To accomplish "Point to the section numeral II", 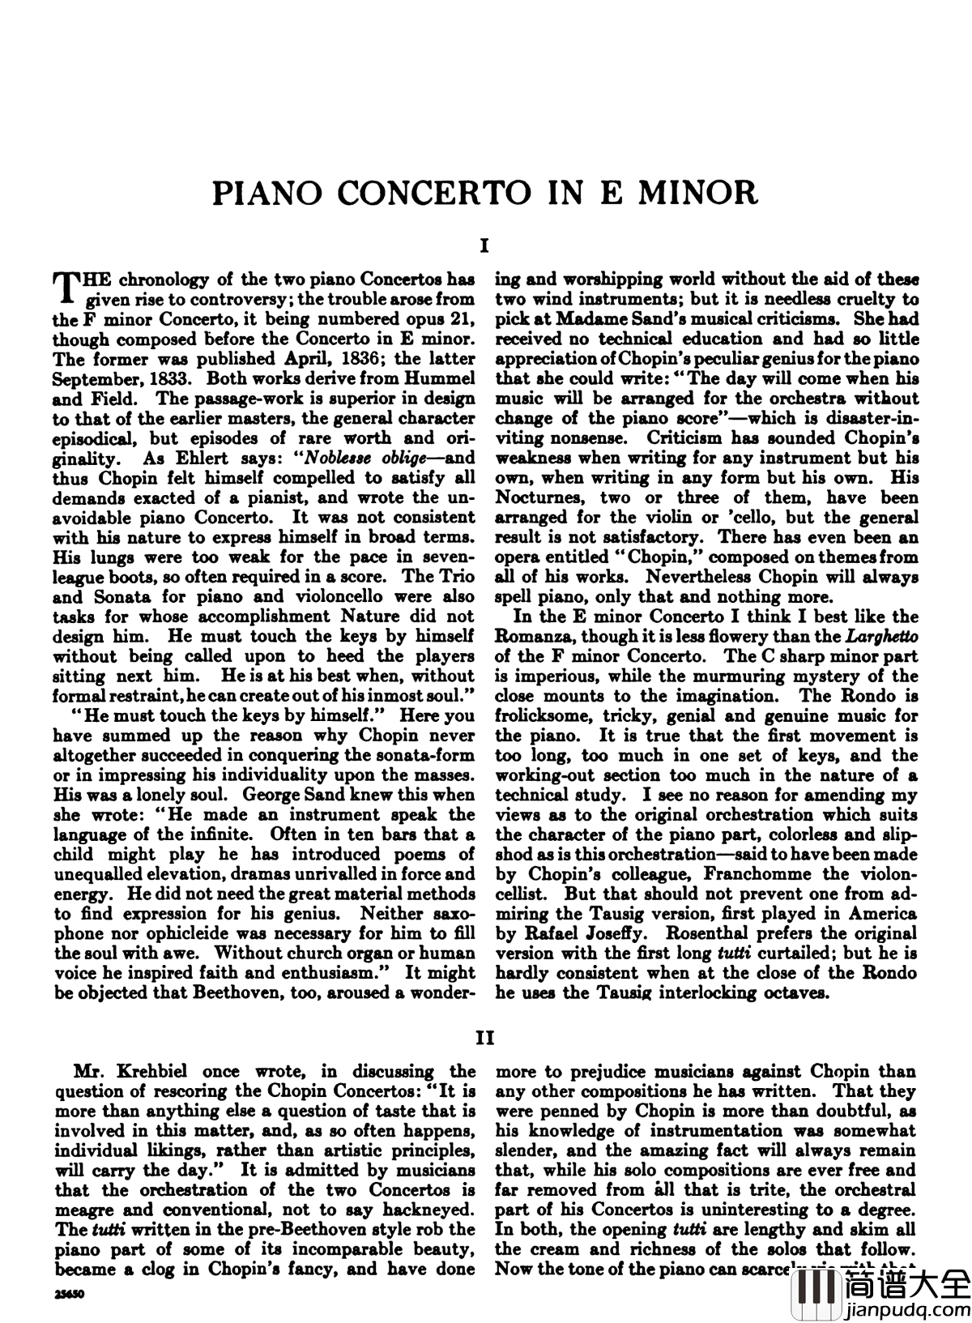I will coord(484,1039).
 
